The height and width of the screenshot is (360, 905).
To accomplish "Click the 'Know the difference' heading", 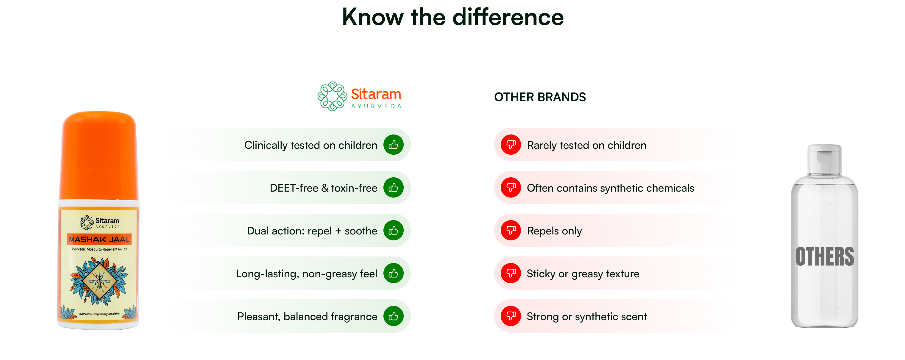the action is pyautogui.click(x=453, y=17).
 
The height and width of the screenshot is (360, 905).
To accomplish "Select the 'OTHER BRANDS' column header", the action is pyautogui.click(x=540, y=97).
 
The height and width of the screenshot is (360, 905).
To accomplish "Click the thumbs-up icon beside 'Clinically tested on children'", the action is pyautogui.click(x=393, y=145).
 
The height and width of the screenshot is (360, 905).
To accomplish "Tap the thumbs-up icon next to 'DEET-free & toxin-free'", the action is pyautogui.click(x=393, y=187).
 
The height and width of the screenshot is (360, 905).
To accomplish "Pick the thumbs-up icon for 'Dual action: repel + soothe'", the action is pyautogui.click(x=393, y=230).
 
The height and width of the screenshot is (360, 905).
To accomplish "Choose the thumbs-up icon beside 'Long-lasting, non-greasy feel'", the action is pyautogui.click(x=393, y=273).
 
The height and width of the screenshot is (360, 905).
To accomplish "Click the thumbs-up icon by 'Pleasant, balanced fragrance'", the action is pyautogui.click(x=393, y=316).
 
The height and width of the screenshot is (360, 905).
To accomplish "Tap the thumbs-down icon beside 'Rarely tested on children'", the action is pyautogui.click(x=511, y=145).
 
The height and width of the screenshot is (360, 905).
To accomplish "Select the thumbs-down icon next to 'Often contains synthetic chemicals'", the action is pyautogui.click(x=511, y=187).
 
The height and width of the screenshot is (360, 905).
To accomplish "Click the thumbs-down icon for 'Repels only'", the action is pyautogui.click(x=511, y=230).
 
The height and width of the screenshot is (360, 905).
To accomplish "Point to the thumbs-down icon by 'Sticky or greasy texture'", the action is pyautogui.click(x=511, y=273).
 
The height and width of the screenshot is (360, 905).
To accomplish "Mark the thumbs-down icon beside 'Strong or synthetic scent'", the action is pyautogui.click(x=511, y=316).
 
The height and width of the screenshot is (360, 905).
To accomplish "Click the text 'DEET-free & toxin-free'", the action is pyautogui.click(x=323, y=188).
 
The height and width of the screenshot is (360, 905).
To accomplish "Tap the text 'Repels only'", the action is pyautogui.click(x=554, y=231).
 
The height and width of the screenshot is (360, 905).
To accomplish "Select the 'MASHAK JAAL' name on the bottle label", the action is pyautogui.click(x=99, y=239).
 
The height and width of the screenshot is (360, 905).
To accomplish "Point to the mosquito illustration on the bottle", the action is pyautogui.click(x=99, y=281).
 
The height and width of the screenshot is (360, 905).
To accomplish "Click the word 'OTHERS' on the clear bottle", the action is pyautogui.click(x=825, y=256).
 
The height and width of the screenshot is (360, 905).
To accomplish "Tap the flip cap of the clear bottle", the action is pyautogui.click(x=824, y=160).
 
